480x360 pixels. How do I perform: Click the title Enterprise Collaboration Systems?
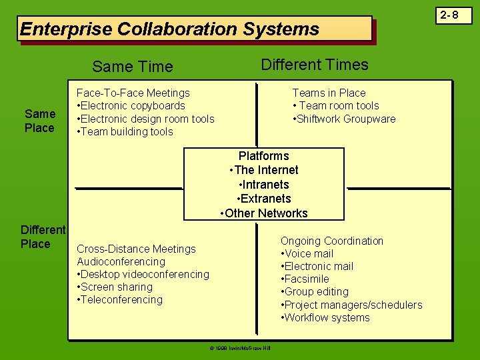pyautogui.click(x=170, y=29)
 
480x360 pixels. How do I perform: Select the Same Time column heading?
pyautogui.click(x=133, y=67)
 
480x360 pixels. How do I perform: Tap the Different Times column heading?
pyautogui.click(x=314, y=65)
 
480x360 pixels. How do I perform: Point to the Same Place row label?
pyautogui.click(x=39, y=121)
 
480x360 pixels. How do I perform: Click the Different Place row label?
pyautogui.click(x=43, y=237)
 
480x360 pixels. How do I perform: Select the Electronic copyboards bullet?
pyautogui.click(x=131, y=106)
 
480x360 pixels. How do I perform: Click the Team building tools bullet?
pyautogui.click(x=125, y=131)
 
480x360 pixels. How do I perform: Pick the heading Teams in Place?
pyautogui.click(x=329, y=93)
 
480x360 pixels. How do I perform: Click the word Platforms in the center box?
pyautogui.click(x=263, y=156)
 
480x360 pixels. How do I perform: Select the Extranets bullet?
pyautogui.click(x=264, y=199)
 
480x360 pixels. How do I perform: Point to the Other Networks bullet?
pyautogui.click(x=264, y=213)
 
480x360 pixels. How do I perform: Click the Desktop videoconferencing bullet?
pyautogui.click(x=143, y=274)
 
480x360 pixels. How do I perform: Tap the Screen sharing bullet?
pyautogui.click(x=115, y=287)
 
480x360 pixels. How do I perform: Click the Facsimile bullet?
pyautogui.click(x=305, y=279)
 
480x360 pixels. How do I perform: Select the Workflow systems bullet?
pyautogui.click(x=325, y=317)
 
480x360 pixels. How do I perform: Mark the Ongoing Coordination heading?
pyautogui.click(x=331, y=241)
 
